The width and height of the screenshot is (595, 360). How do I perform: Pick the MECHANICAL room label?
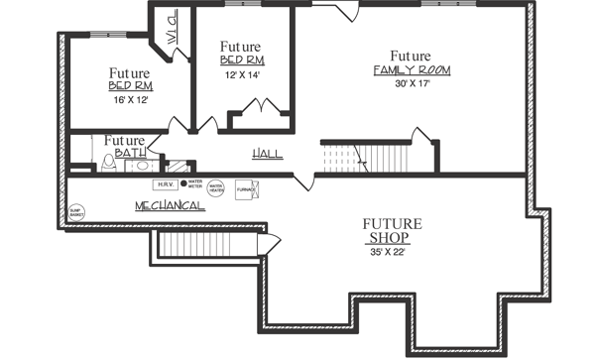170,205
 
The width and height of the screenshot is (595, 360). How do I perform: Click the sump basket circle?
75,210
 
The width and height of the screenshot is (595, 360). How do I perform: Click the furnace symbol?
245,187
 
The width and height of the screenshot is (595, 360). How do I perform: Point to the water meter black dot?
183,183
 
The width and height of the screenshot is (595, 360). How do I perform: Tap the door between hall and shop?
304,181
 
